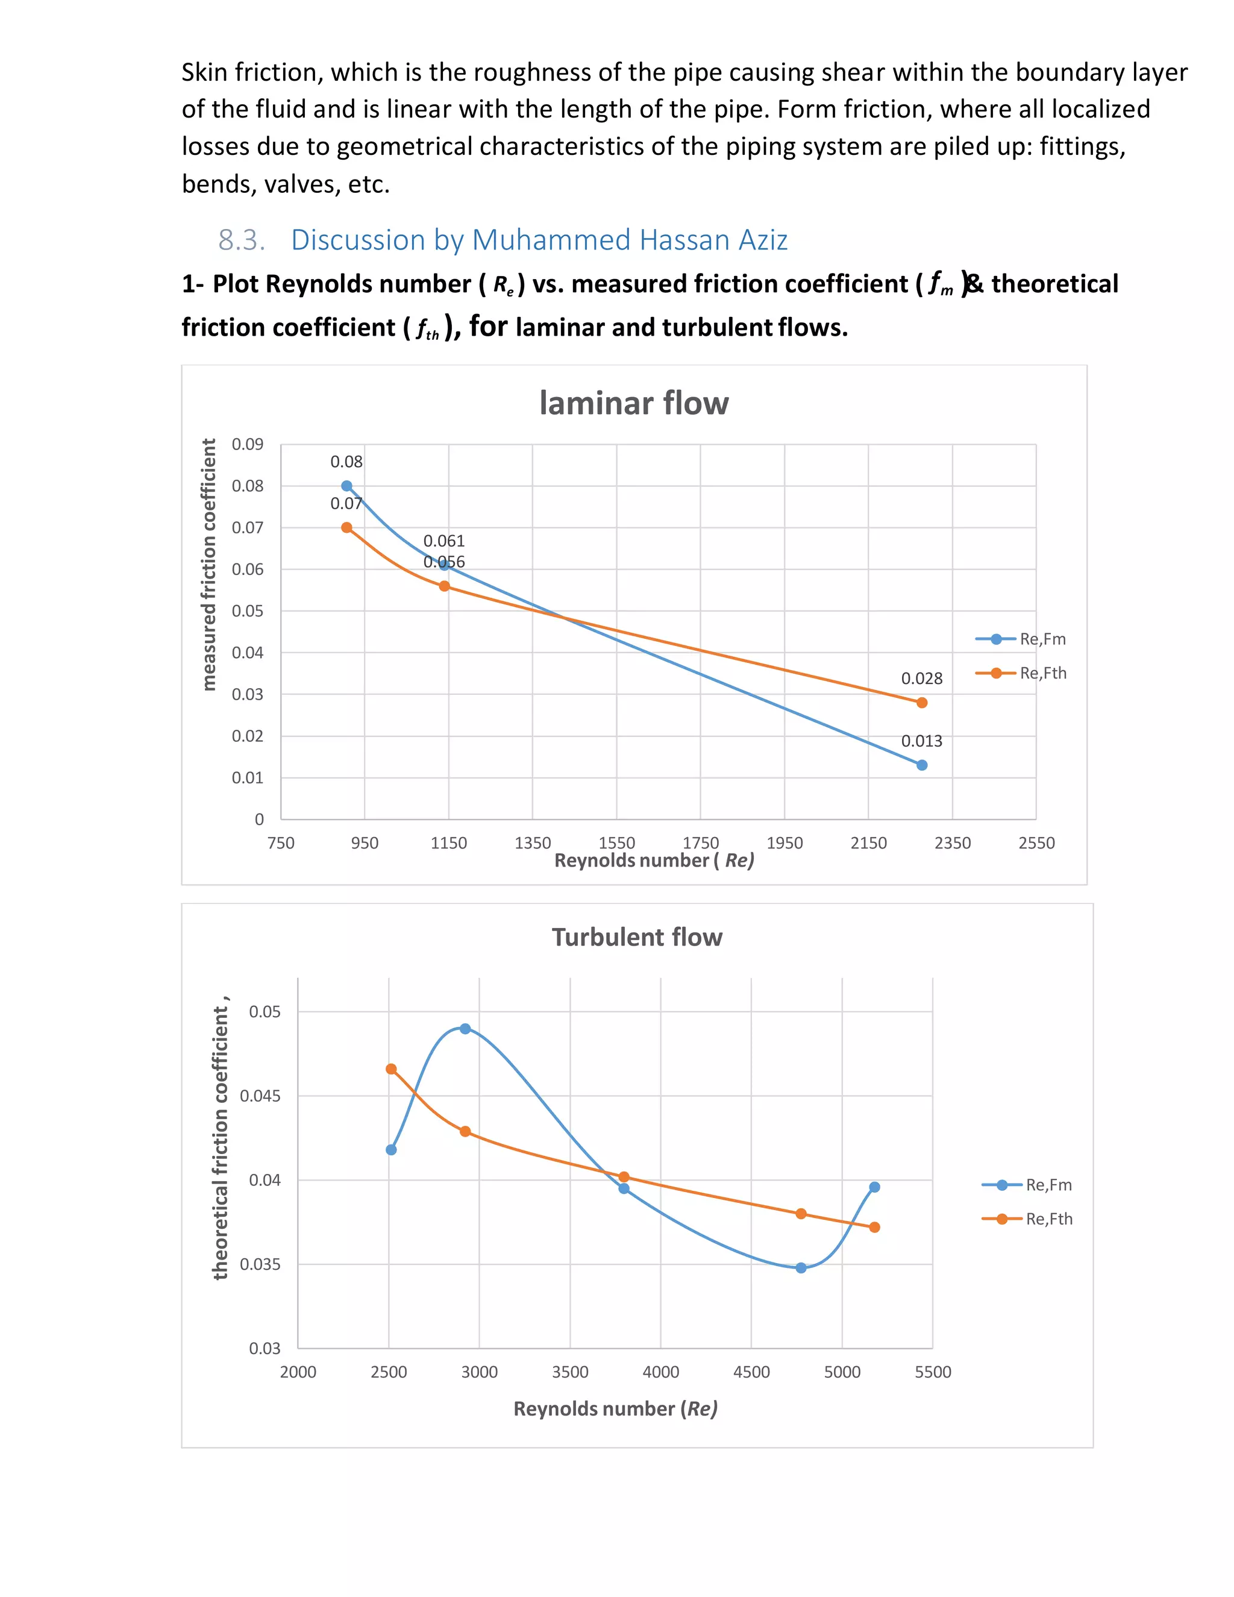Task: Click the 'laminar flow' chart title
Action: point(634,403)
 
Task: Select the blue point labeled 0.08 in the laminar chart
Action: point(346,486)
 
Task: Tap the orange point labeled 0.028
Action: point(922,703)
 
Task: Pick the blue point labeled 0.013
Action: point(922,765)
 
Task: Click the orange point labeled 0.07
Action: point(346,527)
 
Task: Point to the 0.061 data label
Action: point(443,541)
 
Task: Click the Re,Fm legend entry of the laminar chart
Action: point(1021,639)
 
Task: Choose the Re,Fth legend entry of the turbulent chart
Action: point(1027,1219)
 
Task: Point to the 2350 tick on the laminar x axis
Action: point(953,842)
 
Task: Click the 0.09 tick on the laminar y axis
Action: point(247,445)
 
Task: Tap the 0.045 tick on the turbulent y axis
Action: point(260,1096)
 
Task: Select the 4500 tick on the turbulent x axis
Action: point(751,1372)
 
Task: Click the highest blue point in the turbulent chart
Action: point(465,1029)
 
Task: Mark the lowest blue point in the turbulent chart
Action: point(801,1268)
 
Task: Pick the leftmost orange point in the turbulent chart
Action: point(391,1069)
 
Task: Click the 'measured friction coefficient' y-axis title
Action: point(209,565)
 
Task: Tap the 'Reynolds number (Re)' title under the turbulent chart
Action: point(616,1408)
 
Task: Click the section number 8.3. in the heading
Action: point(241,240)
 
